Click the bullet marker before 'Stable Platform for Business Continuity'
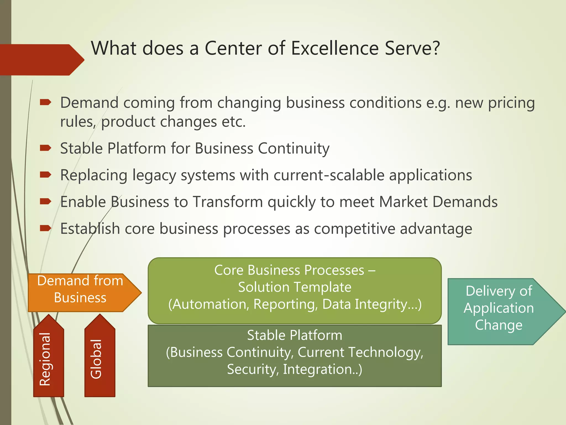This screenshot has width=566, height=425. (x=45, y=148)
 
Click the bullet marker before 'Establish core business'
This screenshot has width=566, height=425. (x=45, y=228)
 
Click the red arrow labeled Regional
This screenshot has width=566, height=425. (x=48, y=360)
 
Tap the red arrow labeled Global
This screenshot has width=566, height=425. (x=99, y=360)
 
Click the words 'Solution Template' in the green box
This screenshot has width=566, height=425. (x=295, y=287)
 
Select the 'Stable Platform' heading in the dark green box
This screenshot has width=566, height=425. (x=295, y=335)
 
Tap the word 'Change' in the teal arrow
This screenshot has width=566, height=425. (x=499, y=325)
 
